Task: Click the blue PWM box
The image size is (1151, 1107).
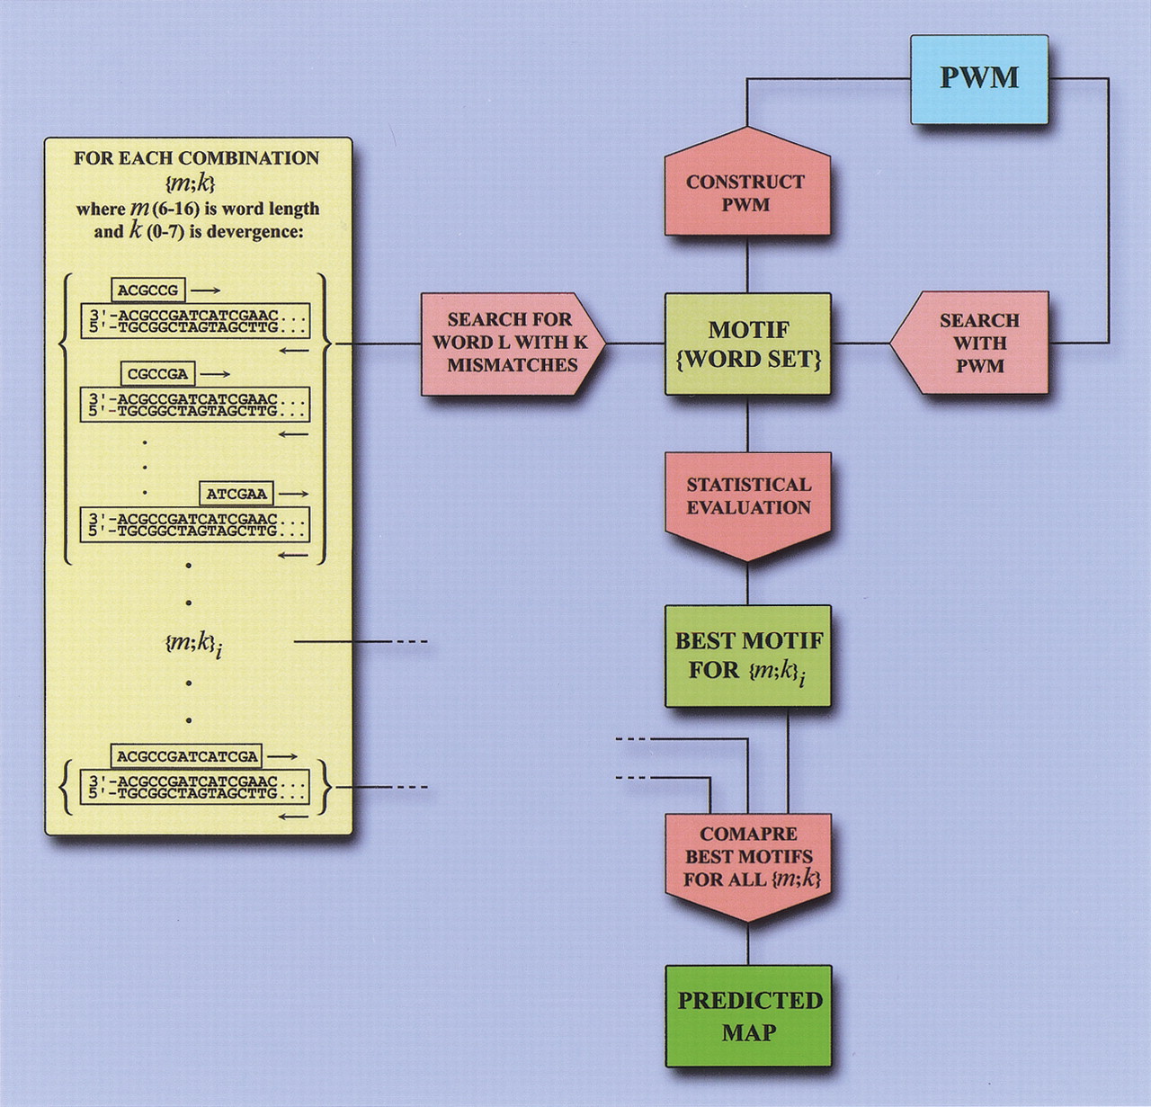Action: [979, 79]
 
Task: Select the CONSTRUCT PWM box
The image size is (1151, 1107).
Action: [746, 192]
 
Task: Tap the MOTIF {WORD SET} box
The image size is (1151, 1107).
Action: [747, 344]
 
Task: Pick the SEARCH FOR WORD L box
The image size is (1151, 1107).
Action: [509, 343]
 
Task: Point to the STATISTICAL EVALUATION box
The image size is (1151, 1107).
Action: [747, 499]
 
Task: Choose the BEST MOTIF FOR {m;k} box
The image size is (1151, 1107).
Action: [747, 655]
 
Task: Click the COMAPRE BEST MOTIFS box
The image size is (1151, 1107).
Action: [747, 859]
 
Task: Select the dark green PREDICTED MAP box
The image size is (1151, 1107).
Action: [748, 1015]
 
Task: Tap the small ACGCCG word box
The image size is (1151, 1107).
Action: [148, 290]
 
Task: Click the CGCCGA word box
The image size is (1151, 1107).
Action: [157, 373]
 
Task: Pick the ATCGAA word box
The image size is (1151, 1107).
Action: [236, 494]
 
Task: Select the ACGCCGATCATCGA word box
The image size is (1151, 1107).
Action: [187, 756]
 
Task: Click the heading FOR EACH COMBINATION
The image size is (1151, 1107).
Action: [196, 158]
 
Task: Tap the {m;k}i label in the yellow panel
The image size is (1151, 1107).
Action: [192, 643]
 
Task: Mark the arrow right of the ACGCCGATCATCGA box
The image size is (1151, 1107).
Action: [282, 756]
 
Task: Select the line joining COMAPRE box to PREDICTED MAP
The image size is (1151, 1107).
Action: [747, 944]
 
